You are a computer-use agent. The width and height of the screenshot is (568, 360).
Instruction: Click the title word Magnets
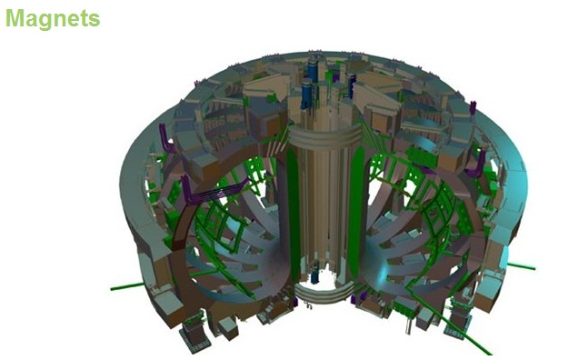click(53, 18)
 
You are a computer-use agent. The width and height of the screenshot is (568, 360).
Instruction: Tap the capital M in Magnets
click(15, 18)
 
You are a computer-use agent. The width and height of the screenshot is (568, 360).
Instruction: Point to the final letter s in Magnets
click(95, 19)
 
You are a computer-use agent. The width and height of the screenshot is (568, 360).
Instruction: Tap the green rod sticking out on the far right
click(521, 266)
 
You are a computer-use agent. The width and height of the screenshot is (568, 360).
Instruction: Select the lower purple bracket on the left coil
click(194, 192)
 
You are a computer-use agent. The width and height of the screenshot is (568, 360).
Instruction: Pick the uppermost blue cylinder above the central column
click(314, 68)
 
